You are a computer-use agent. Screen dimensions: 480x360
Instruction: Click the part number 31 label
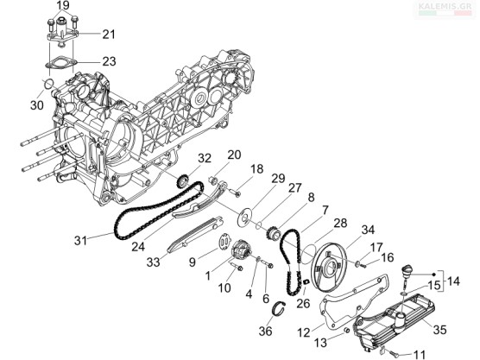pos(80,240)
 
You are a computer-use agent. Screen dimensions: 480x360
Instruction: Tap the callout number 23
pos(109,61)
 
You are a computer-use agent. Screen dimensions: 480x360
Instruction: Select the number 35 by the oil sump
pos(440,330)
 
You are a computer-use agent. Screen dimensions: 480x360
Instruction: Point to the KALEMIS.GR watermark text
pos(445,6)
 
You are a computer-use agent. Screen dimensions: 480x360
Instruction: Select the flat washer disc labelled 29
pos(245,218)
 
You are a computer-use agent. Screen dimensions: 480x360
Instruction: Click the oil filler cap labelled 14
pos(407,271)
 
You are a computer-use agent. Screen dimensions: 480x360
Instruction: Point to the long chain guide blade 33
pos(196,235)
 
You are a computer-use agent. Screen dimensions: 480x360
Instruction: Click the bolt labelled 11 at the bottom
pos(395,352)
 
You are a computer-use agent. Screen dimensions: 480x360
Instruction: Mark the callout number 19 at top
pos(63,5)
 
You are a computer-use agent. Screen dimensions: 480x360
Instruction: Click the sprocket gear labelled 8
pos(274,235)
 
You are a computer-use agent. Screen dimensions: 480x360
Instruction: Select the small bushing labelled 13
pos(347,331)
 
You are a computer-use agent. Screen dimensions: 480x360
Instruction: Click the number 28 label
pos(340,223)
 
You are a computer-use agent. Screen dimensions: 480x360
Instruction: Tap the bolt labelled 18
pos(235,193)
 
